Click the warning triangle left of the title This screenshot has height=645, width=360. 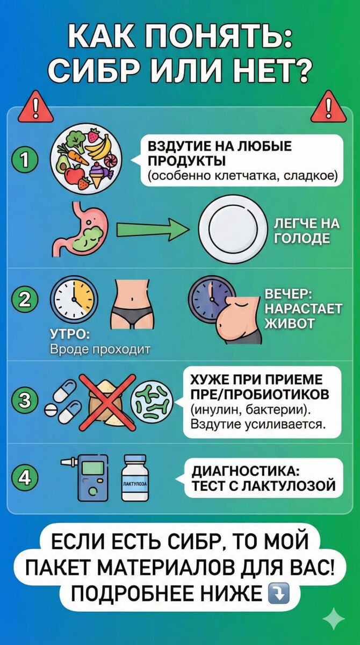(x=35, y=107)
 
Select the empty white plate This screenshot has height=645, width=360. (x=232, y=228)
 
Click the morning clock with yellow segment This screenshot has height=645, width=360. (x=73, y=299)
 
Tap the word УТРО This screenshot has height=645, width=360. (x=70, y=335)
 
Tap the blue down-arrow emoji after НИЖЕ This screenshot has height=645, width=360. (x=278, y=593)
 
